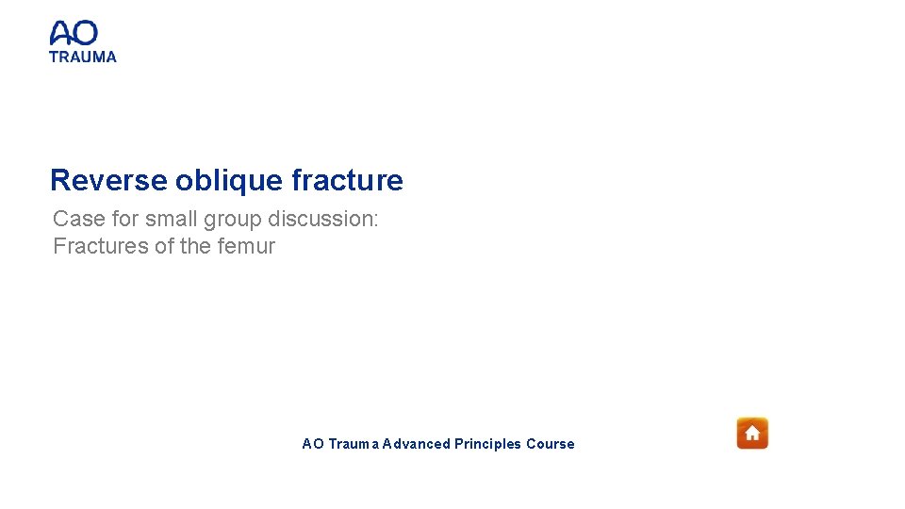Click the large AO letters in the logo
[x=74, y=34]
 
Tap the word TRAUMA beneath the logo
[x=83, y=57]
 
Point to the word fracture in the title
[x=347, y=180]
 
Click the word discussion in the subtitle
[x=322, y=219]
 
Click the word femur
[x=244, y=247]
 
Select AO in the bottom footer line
[x=312, y=444]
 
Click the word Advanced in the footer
[x=416, y=444]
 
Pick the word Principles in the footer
[x=487, y=444]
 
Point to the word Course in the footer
[x=551, y=444]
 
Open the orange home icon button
[x=752, y=434]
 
